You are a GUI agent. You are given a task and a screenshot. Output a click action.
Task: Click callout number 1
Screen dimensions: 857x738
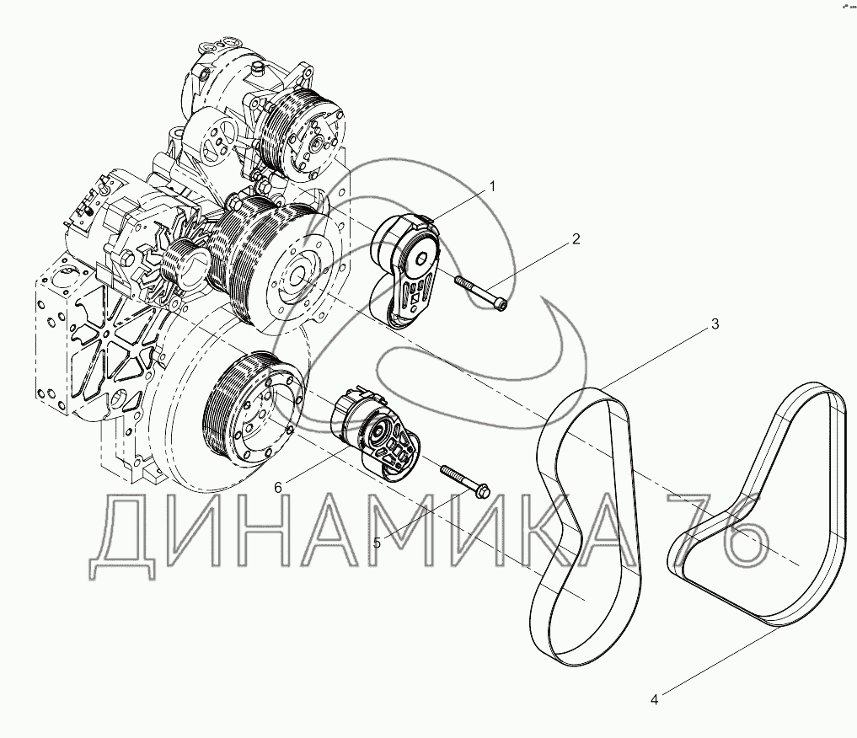coord(492,187)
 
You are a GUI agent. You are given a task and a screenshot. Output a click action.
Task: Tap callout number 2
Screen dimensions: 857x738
coord(576,239)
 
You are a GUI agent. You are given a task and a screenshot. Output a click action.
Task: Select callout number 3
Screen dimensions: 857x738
coord(715,324)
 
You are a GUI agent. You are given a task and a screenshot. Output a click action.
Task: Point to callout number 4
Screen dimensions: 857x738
coord(654,700)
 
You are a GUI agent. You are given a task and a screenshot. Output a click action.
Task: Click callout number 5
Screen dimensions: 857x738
coord(378,543)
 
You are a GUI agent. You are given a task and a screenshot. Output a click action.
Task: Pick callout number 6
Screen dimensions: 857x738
coord(278,488)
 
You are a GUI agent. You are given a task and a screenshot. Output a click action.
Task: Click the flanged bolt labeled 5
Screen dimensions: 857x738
coord(465,480)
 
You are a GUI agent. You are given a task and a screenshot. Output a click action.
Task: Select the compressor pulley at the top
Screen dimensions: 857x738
coord(303,136)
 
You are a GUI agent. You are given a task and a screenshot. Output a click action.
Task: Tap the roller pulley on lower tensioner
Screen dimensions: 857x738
coord(378,431)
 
